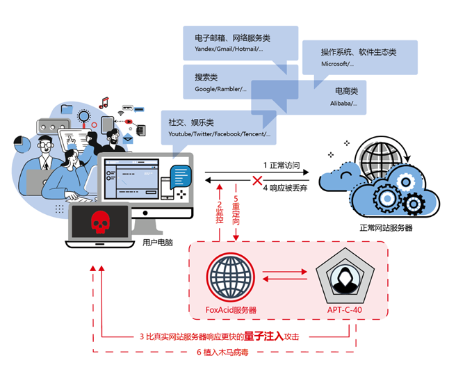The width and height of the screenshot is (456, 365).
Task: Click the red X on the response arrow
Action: tap(258, 182)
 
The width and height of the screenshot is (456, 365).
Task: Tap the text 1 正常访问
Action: tap(282, 165)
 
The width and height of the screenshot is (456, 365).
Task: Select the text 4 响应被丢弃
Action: tap(284, 188)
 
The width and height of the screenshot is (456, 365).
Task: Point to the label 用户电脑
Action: tap(157, 243)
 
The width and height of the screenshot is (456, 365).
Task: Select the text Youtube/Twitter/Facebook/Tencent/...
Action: tap(219, 134)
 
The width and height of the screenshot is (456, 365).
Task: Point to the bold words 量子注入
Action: tap(263, 336)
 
